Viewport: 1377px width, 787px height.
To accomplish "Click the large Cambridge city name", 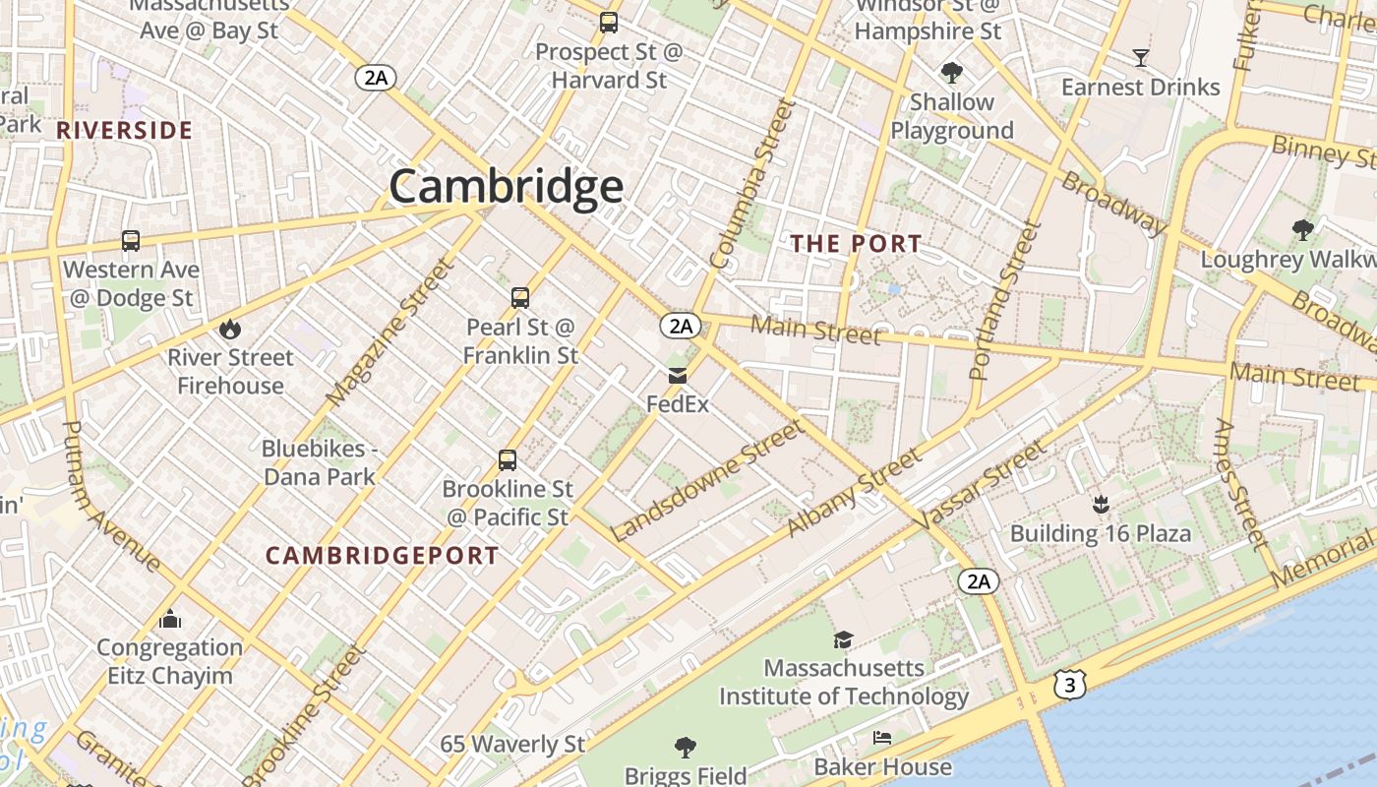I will (x=506, y=187).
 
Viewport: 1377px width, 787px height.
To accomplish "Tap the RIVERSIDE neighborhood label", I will (x=124, y=130).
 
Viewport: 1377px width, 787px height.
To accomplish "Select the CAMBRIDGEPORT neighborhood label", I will (x=383, y=556).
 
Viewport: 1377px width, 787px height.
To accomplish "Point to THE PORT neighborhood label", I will (x=857, y=244).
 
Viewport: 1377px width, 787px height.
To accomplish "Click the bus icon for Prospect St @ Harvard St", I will (x=609, y=22).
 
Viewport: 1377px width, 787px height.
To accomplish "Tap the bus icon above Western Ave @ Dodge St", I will (x=131, y=240).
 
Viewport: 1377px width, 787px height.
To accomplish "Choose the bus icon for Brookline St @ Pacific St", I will (x=508, y=459).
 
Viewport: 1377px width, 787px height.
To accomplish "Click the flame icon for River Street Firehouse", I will (x=230, y=329).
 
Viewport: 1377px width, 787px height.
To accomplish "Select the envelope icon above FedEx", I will (x=678, y=375).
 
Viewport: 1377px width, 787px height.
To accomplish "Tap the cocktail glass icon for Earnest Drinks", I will (x=1141, y=58).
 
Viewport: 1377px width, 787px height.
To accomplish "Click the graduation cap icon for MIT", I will (x=843, y=639).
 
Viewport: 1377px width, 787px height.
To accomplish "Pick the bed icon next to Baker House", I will (x=882, y=738).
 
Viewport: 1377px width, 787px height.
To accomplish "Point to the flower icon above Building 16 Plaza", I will (x=1101, y=505).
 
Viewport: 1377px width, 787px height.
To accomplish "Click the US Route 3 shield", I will (x=1069, y=686).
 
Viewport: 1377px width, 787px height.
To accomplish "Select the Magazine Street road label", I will (x=390, y=333).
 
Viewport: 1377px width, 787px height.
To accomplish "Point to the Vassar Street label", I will (x=983, y=485).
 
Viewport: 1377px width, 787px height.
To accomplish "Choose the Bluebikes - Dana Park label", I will (x=319, y=462).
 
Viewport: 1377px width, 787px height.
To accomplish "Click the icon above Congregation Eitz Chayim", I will (x=170, y=619).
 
